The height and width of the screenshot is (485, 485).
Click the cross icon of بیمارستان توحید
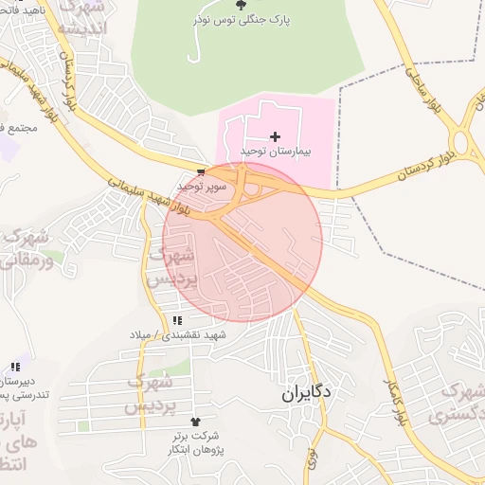[x=276, y=138]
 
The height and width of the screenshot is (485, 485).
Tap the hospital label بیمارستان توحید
[x=276, y=152]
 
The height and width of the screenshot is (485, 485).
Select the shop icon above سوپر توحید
[x=200, y=172]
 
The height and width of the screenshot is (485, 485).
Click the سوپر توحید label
[x=199, y=188]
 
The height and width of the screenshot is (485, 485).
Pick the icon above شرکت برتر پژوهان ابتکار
[x=196, y=420]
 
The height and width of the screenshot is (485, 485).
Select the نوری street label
[x=312, y=458]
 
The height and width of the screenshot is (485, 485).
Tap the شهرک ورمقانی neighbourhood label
[x=27, y=250]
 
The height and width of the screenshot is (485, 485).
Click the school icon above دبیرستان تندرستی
[x=14, y=366]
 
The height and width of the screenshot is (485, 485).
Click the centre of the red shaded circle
[x=243, y=241]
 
